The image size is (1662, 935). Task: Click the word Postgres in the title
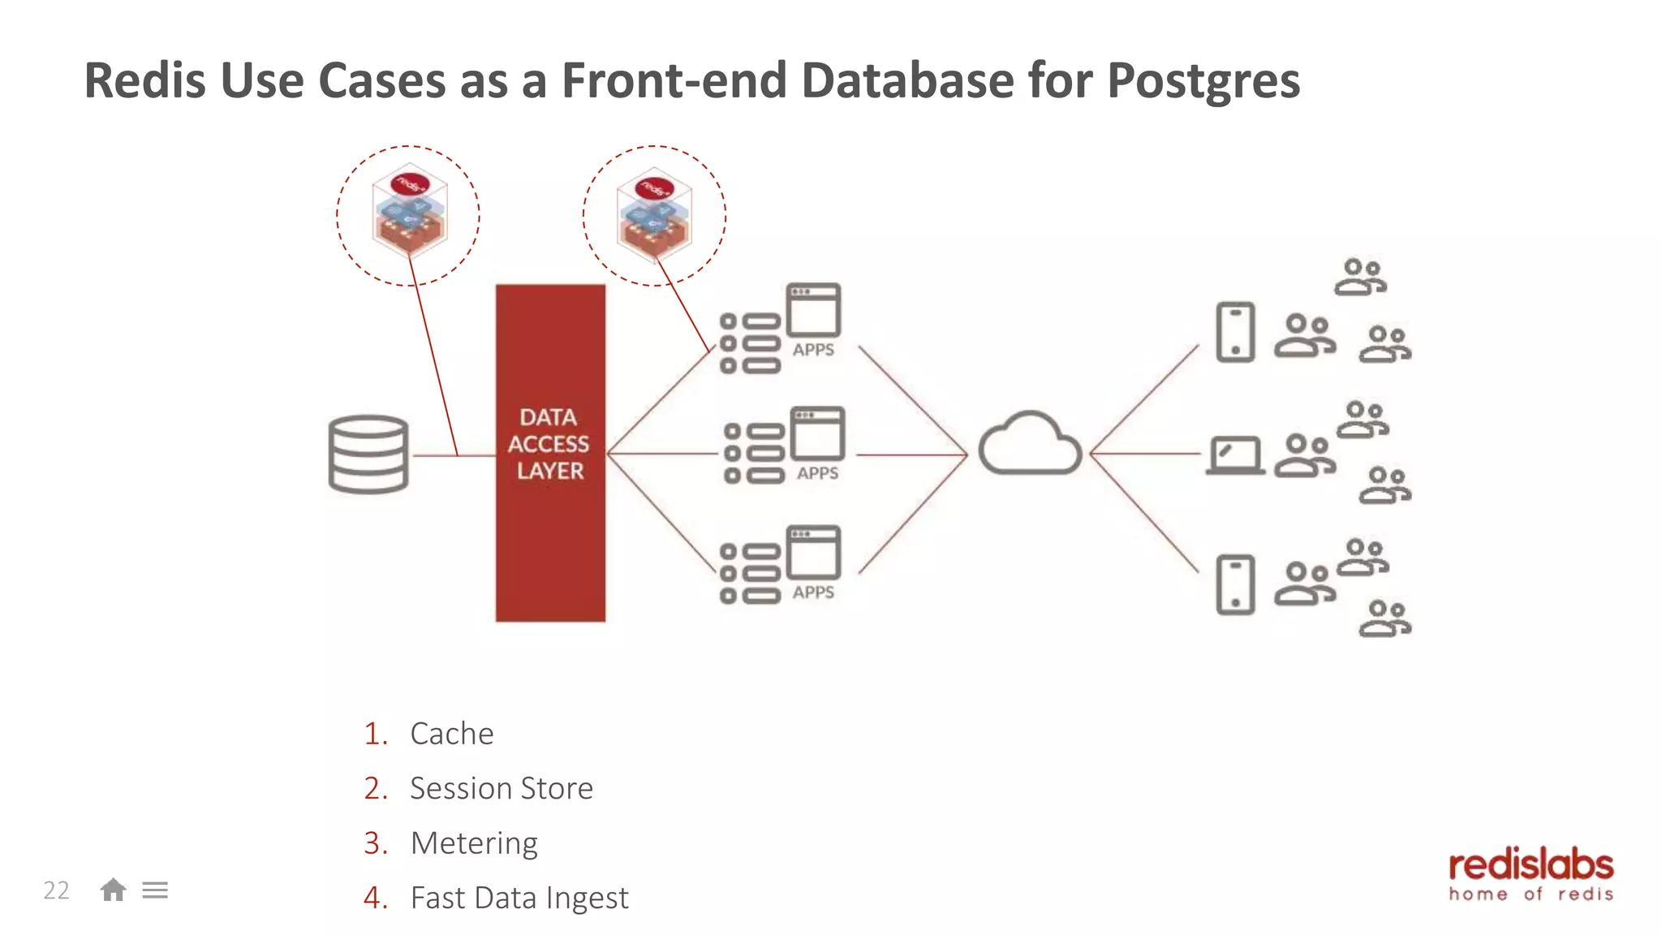click(x=1203, y=81)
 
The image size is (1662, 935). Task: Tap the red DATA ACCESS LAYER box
click(x=550, y=452)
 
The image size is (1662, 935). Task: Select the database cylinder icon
click(x=368, y=455)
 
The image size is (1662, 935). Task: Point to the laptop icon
click(x=1235, y=455)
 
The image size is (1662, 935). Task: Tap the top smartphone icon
click(x=1235, y=332)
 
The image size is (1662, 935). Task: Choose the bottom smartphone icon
click(x=1235, y=584)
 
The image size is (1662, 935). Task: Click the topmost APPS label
click(x=813, y=350)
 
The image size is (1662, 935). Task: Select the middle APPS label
click(x=817, y=473)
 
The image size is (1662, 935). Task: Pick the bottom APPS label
click(x=813, y=592)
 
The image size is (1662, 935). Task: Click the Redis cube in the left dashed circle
click(x=409, y=213)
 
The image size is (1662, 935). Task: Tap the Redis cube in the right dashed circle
click(x=654, y=215)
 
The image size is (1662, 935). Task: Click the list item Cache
click(x=452, y=734)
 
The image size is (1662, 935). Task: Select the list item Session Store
click(x=502, y=788)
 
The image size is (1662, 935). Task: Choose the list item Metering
click(x=474, y=843)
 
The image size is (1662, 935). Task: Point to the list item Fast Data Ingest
click(x=519, y=898)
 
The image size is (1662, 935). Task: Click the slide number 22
click(x=56, y=890)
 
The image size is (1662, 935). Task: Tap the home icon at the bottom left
click(x=113, y=890)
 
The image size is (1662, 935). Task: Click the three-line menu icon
click(x=155, y=890)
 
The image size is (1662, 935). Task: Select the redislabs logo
click(x=1531, y=875)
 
